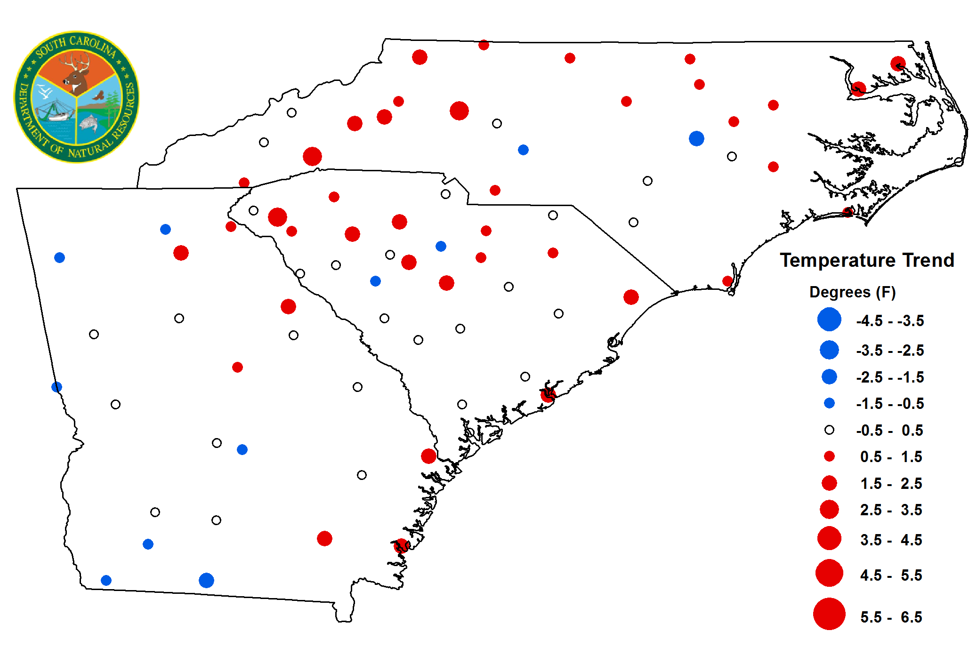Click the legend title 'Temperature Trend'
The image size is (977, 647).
click(867, 260)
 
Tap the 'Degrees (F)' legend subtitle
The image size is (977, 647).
click(852, 292)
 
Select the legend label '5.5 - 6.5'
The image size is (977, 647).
click(891, 617)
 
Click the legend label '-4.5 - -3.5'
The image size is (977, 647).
click(890, 321)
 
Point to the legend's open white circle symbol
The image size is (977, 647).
click(829, 430)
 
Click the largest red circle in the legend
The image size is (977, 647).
click(829, 614)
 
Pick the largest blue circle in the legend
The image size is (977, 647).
click(829, 320)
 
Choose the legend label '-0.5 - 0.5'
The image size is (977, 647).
click(889, 431)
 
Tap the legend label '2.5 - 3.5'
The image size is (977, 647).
click(891, 510)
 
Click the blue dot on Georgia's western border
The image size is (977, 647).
click(57, 387)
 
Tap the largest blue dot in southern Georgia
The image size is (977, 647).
click(206, 580)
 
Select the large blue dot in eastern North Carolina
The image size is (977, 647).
click(696, 138)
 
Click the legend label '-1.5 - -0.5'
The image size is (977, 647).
click(890, 404)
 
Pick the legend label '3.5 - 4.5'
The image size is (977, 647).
click(891, 540)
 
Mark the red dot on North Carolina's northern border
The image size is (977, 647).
click(484, 45)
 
